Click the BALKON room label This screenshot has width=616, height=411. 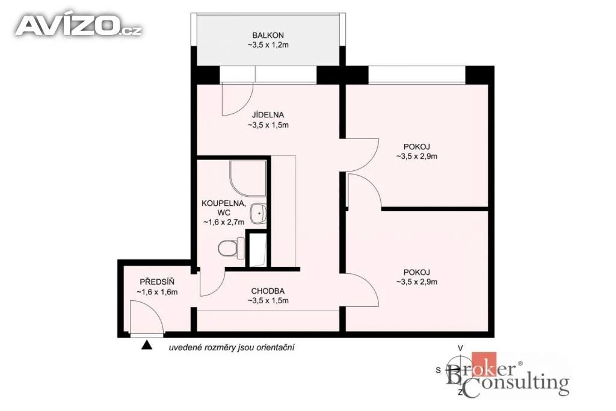click(x=268, y=36)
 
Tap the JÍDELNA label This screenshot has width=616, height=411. click(x=268, y=115)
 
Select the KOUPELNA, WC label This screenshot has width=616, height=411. click(x=224, y=208)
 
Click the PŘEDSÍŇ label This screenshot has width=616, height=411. click(x=157, y=282)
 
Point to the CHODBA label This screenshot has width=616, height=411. click(x=268, y=291)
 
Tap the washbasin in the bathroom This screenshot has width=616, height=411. click(x=258, y=214)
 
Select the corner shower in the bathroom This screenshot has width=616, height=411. click(x=247, y=179)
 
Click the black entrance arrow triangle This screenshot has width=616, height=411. click(x=147, y=345)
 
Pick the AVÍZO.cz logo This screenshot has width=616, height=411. click(x=78, y=26)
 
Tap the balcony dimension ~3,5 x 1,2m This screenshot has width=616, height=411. click(x=268, y=45)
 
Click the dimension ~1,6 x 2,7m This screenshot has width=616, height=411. click(x=224, y=223)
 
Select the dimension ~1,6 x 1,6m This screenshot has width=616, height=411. click(x=157, y=292)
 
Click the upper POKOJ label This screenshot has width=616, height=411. click(x=417, y=147)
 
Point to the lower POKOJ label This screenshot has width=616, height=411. click(x=417, y=273)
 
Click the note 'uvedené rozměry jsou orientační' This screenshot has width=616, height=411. click(x=232, y=348)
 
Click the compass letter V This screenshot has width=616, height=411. click(x=460, y=348)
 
